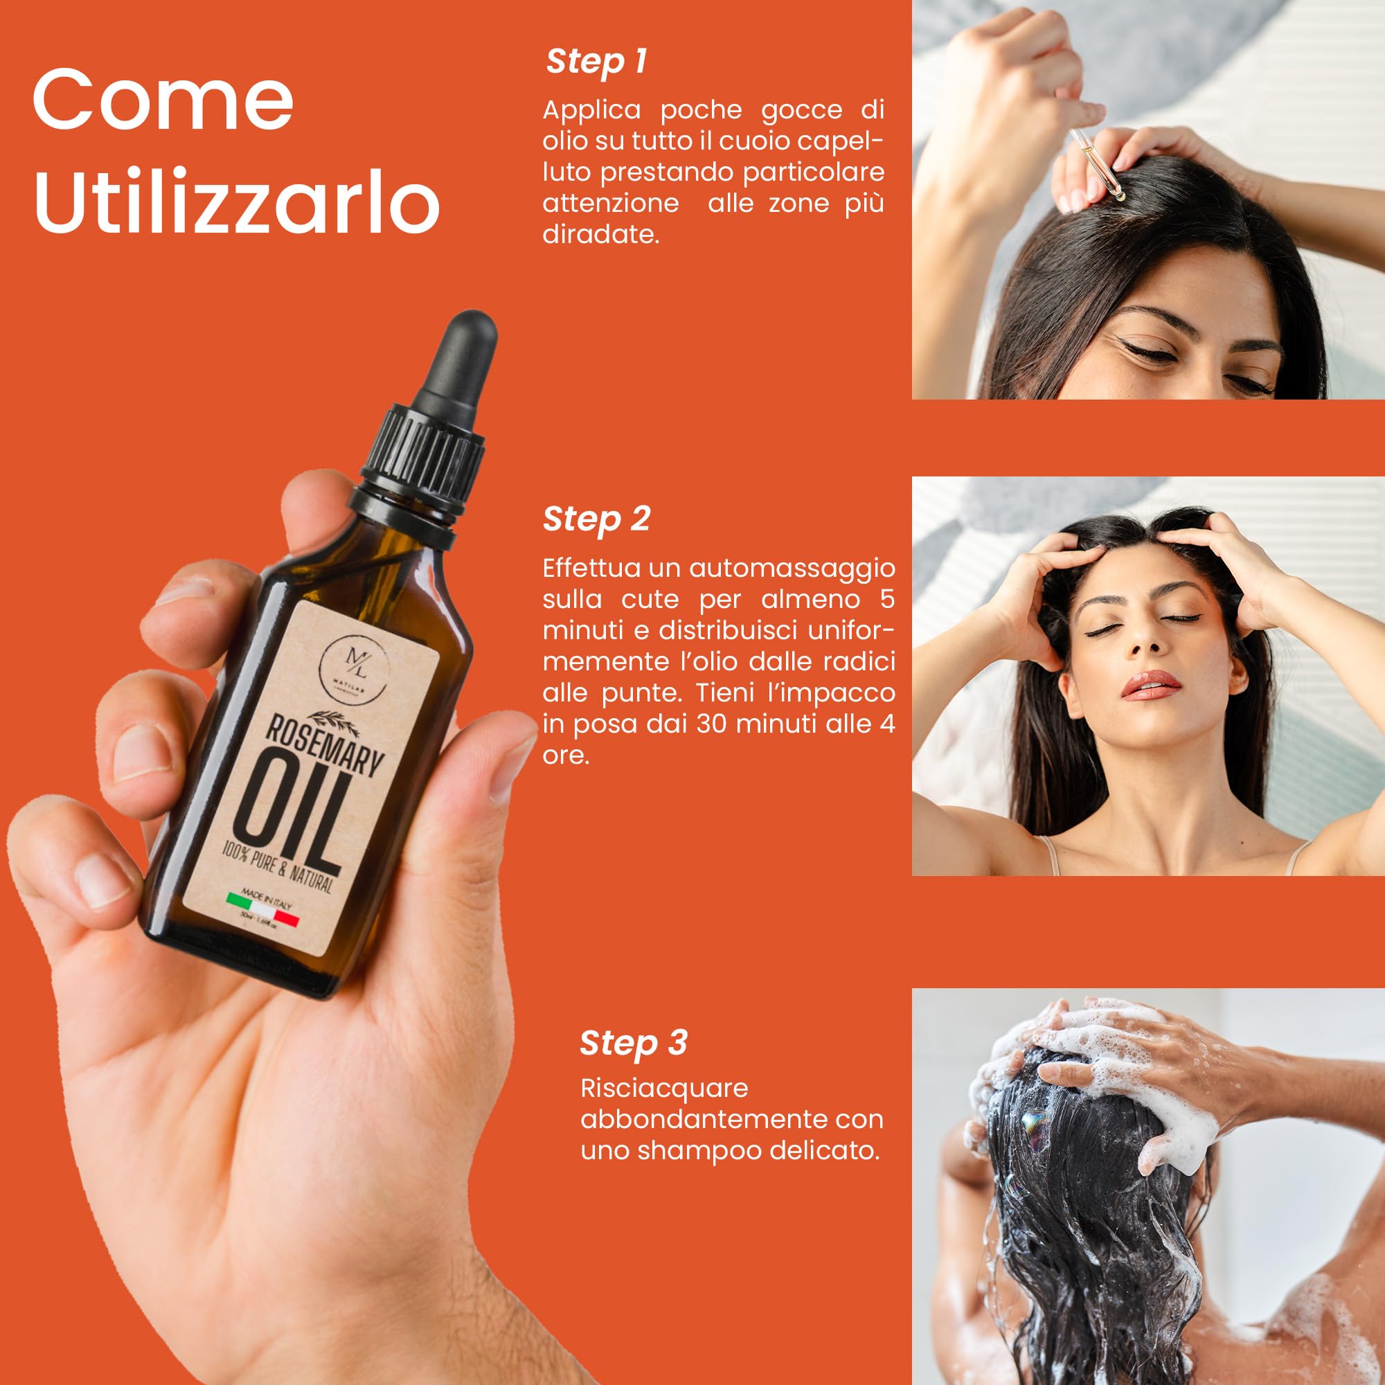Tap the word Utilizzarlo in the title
(236, 202)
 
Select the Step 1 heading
(596, 62)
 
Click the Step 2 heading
(596, 519)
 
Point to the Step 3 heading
(633, 1043)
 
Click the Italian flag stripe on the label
(262, 908)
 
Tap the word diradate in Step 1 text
(600, 235)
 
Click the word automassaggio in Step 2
(792, 568)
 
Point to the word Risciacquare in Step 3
(664, 1088)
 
